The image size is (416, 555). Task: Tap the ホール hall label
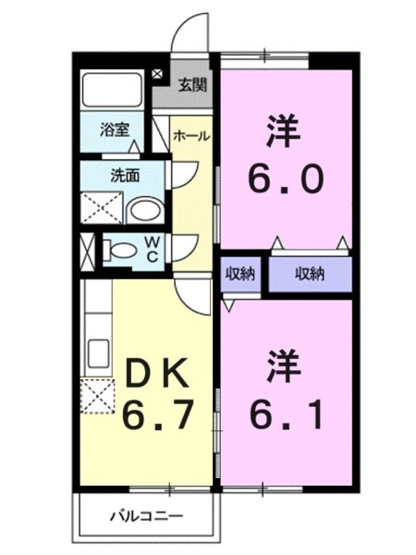coord(190,136)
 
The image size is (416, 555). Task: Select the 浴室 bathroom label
coord(116,130)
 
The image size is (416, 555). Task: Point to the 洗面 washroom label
coord(125,173)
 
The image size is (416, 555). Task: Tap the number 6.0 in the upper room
coord(286,178)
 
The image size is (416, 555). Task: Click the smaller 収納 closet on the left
coord(242,273)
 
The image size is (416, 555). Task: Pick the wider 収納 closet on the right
coord(310,273)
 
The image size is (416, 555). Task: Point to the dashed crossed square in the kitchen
coord(96,397)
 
